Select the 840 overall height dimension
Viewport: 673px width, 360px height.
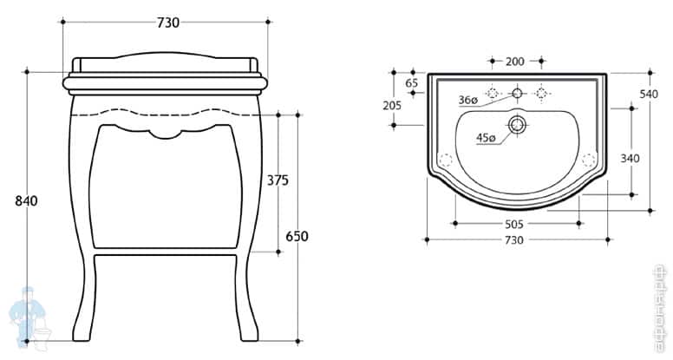click(26, 201)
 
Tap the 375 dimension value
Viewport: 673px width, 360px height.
click(278, 180)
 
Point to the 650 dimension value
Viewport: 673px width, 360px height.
click(297, 236)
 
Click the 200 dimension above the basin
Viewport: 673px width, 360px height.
click(515, 62)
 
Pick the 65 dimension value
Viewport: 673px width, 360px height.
click(412, 83)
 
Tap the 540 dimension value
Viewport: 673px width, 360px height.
click(649, 94)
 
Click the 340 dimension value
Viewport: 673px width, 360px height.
click(631, 158)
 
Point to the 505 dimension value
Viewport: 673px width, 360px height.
click(515, 222)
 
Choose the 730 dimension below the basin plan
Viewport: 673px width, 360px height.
click(515, 239)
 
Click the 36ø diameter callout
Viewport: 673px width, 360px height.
click(468, 101)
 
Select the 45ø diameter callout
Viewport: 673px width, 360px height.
click(486, 137)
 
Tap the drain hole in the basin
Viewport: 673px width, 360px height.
click(518, 125)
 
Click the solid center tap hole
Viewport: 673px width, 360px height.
click(516, 92)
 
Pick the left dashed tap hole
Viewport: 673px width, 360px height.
click(492, 92)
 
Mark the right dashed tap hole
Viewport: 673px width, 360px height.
click(541, 92)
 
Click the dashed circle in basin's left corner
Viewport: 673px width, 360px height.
click(446, 160)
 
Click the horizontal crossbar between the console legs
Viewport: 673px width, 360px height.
click(166, 257)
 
